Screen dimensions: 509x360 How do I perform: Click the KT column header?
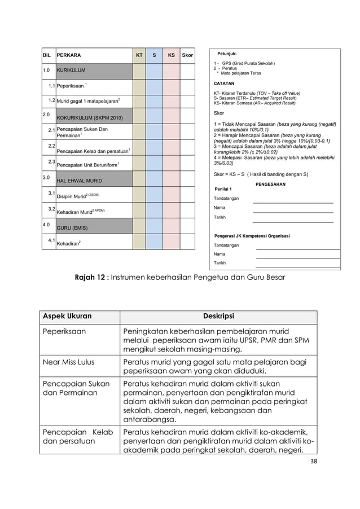tap(139, 56)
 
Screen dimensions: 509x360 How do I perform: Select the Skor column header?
tap(187, 56)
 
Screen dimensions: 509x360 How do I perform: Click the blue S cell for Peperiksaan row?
tap(155, 86)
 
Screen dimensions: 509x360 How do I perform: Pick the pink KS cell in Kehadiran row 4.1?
tap(171, 242)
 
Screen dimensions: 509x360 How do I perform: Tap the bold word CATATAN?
tap(224, 83)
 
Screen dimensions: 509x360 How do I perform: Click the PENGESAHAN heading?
tap(271, 184)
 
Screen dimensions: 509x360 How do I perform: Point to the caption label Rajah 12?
tap(92, 277)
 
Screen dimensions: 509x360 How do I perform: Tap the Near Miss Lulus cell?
tap(68, 362)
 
